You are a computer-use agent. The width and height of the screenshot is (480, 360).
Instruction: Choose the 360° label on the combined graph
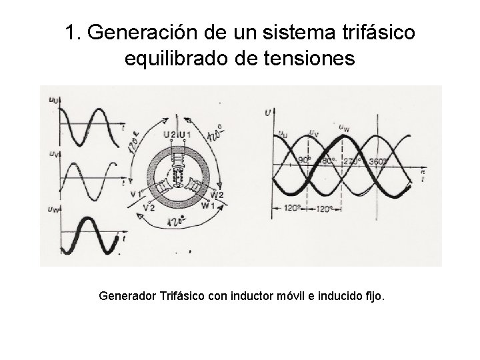[379, 160]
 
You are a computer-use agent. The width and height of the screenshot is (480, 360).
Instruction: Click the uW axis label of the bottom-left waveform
[53, 210]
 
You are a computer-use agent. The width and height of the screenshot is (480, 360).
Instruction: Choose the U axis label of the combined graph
[267, 113]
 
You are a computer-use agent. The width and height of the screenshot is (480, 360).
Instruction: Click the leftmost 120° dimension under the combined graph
[291, 207]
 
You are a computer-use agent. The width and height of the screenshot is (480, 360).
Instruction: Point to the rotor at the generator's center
[178, 177]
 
